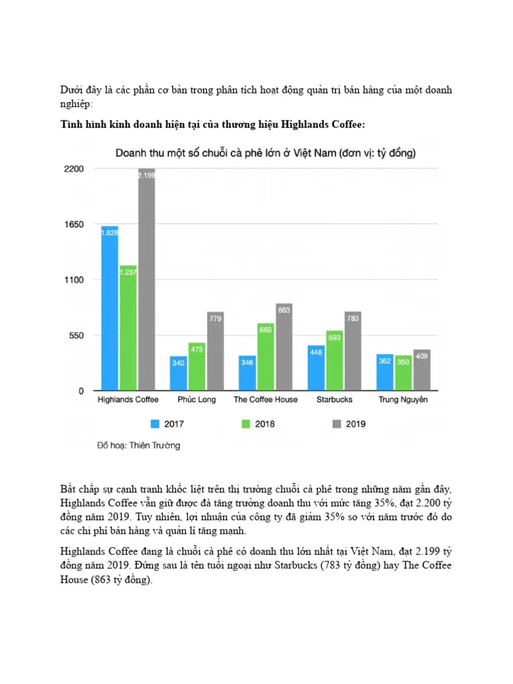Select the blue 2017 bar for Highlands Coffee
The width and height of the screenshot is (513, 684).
[110, 308]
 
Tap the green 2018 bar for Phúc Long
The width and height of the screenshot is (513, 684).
[196, 367]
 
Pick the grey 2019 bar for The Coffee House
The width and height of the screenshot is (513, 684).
[284, 347]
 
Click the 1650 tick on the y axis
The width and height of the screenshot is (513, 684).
[73, 224]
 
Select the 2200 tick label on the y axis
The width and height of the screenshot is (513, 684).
[73, 169]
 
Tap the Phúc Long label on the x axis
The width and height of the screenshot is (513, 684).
[196, 399]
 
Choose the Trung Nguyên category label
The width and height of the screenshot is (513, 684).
[403, 399]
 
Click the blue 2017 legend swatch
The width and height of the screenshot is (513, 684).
[156, 423]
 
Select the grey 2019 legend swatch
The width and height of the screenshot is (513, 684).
[336, 423]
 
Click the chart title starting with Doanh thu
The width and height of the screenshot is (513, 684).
[266, 153]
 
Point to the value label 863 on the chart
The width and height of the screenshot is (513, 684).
[284, 310]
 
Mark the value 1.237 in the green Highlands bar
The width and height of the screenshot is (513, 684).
[128, 272]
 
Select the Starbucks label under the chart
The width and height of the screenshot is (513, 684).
[335, 399]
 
